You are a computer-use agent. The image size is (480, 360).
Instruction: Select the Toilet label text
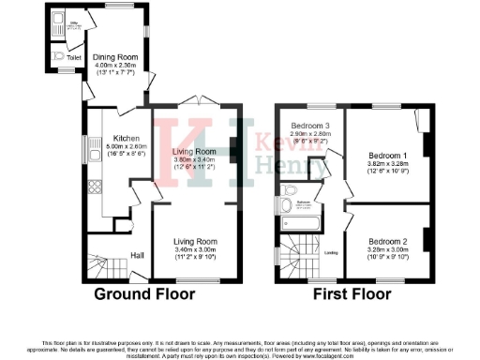[x=74, y=57]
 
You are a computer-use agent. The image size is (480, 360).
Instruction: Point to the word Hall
[x=136, y=255]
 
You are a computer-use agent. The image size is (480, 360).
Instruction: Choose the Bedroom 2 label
[x=386, y=240]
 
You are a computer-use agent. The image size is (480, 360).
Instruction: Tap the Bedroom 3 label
[x=309, y=126]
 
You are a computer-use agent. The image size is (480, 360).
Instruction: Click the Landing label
[x=331, y=252]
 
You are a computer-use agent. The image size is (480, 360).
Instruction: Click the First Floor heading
[x=353, y=293]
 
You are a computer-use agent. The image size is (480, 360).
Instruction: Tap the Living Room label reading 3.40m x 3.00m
[x=195, y=250]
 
